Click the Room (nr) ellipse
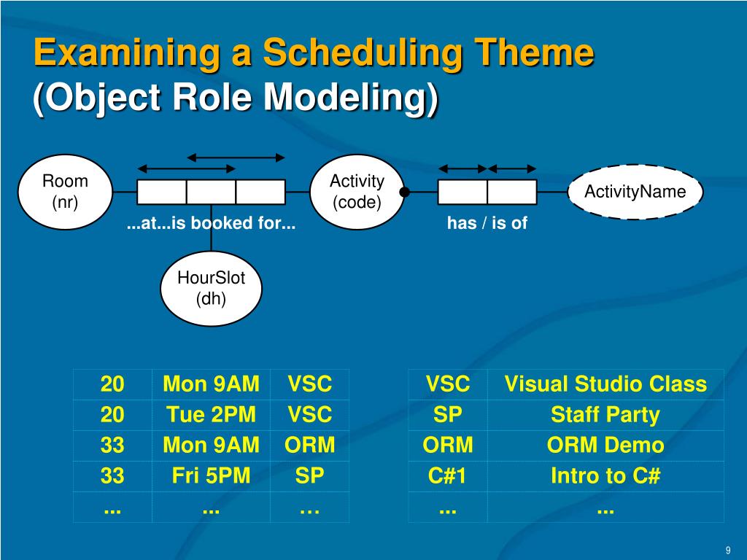65,192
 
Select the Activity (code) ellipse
357,192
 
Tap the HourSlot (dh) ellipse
211,289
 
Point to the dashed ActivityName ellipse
635,192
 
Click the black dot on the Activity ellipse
404,192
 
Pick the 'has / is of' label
487,223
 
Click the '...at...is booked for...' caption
211,223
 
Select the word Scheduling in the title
363,52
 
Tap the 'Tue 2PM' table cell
211,414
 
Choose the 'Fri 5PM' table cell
211,475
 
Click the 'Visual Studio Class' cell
605,384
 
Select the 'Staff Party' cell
605,414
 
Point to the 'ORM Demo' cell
605,446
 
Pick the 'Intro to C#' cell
605,475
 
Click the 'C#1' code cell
447,475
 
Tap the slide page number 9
728,550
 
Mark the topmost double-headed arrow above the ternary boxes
236,157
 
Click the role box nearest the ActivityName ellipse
512,192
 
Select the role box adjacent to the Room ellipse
161,192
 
